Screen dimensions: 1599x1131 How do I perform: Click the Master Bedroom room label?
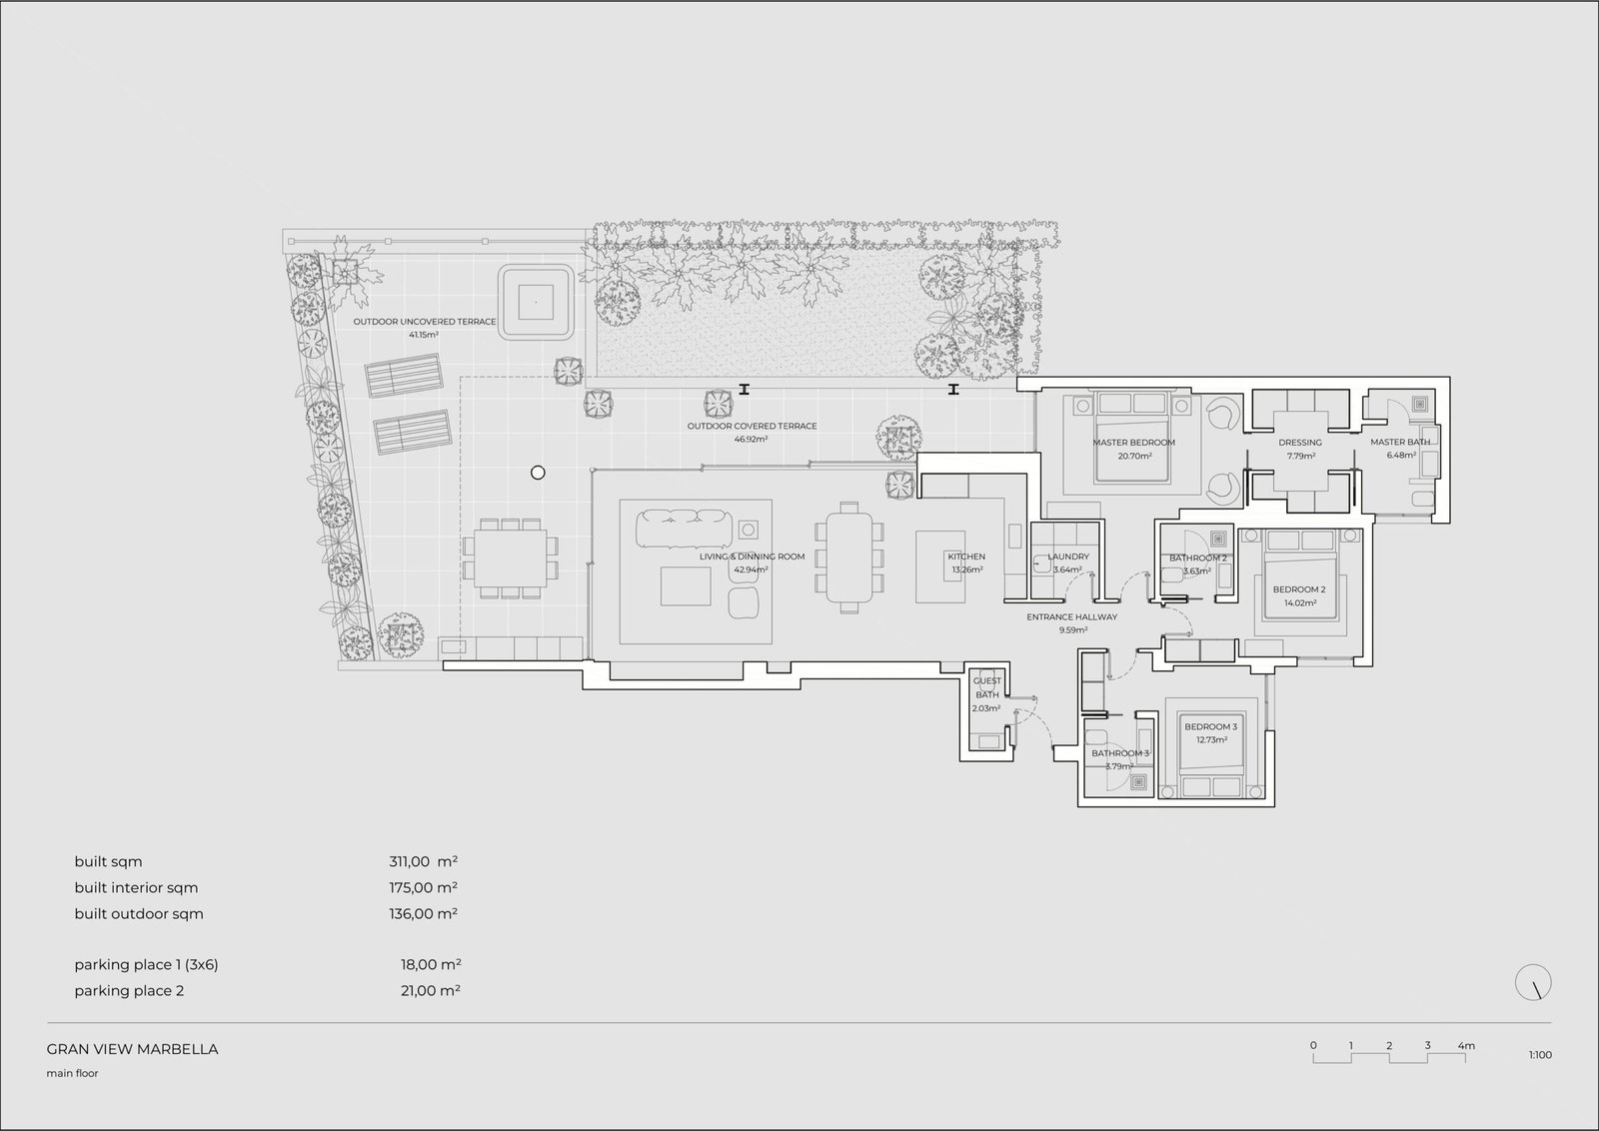coord(1133,443)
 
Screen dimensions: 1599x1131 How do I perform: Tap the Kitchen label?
coord(966,557)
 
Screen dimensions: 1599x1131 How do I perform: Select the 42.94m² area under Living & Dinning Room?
coord(751,569)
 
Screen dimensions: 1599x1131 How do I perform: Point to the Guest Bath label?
coord(987,687)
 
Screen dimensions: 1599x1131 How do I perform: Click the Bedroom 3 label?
coord(1210,727)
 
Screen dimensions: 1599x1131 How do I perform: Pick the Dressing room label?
coord(1300,443)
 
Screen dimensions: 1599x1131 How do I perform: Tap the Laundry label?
coord(1068,557)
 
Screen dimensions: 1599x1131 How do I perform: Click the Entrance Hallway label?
coord(1072,617)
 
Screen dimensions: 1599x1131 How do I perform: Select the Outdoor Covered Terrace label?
coord(752,426)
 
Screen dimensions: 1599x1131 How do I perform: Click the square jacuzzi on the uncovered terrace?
coord(536,302)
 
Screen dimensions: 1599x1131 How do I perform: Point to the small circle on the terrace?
coord(539,473)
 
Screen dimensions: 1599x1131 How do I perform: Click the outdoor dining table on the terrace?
coord(511,559)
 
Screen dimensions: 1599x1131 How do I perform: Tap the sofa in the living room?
coord(684,529)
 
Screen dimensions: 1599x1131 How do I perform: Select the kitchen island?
coord(940,566)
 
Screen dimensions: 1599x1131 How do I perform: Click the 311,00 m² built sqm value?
coord(424,862)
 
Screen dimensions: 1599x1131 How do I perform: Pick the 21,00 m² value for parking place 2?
coord(431,990)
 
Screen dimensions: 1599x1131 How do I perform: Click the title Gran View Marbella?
coord(132,1050)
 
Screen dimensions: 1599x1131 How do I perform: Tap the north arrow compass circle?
coord(1533,982)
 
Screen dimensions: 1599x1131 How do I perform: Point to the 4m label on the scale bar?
coord(1466,1046)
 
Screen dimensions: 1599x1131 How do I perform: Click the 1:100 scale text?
coord(1540,1055)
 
